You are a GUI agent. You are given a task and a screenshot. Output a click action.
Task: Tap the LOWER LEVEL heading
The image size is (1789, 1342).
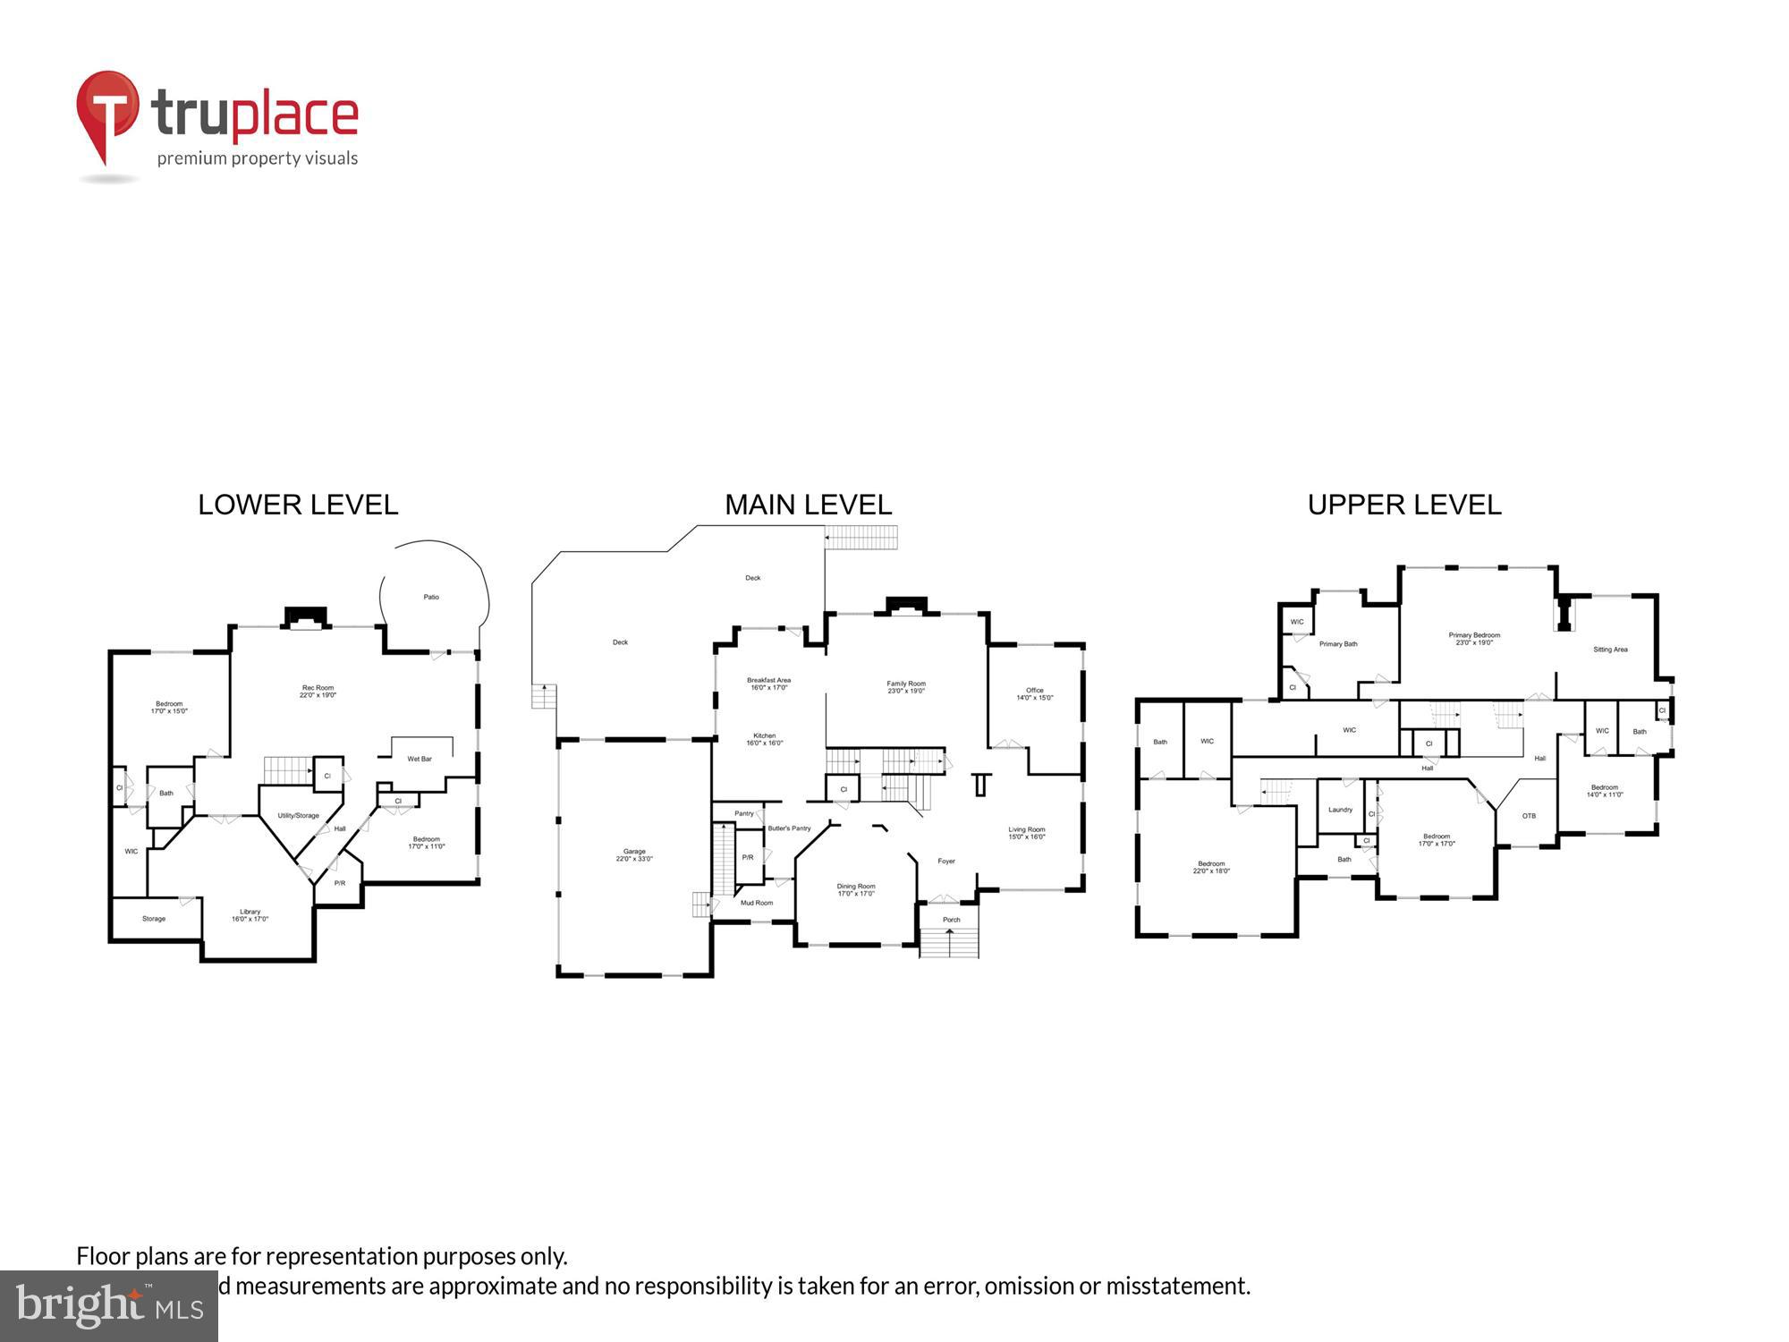(298, 505)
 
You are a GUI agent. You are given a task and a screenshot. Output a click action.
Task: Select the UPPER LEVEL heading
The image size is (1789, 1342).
(1403, 505)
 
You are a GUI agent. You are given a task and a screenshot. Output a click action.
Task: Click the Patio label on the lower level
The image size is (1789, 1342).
(431, 597)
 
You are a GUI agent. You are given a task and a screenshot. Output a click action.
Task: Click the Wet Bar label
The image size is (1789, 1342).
(420, 759)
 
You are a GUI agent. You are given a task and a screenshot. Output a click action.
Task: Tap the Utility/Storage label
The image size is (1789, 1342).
(298, 815)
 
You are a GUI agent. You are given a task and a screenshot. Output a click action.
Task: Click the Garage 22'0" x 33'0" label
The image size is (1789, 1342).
(634, 854)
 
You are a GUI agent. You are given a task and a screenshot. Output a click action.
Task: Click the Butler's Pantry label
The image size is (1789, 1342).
(789, 828)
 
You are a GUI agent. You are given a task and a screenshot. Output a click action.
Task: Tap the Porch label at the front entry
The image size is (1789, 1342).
(951, 920)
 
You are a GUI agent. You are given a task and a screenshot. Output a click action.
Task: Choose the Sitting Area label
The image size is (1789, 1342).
(1610, 650)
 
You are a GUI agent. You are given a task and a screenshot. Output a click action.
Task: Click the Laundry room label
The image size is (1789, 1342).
(1340, 810)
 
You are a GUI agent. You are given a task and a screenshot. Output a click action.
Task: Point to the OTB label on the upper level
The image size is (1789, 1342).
(1529, 816)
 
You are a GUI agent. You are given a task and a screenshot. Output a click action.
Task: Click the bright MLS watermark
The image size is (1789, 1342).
(109, 1307)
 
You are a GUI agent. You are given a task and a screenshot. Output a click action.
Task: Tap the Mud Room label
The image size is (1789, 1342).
(757, 903)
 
